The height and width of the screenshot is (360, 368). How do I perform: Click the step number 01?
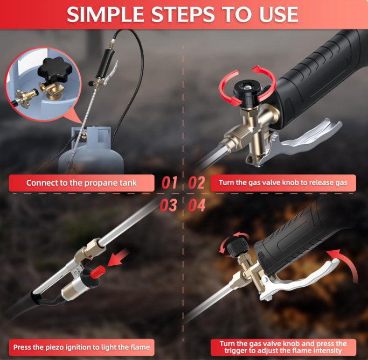point(169,183)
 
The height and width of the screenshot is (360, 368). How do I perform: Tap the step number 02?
point(197,183)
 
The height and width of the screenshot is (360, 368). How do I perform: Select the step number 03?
point(168,205)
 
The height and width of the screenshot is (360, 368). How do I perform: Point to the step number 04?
point(197,205)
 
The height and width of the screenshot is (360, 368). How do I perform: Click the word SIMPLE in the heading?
point(106,15)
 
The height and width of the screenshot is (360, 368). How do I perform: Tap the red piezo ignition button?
point(98,272)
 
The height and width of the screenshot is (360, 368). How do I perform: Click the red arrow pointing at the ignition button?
point(118,258)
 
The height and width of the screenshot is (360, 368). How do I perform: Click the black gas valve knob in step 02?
point(246,93)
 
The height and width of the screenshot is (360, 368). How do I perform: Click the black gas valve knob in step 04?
point(238,247)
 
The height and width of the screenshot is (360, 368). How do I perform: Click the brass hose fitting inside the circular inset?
point(25,97)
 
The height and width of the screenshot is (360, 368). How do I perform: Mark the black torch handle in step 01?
point(105,63)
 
